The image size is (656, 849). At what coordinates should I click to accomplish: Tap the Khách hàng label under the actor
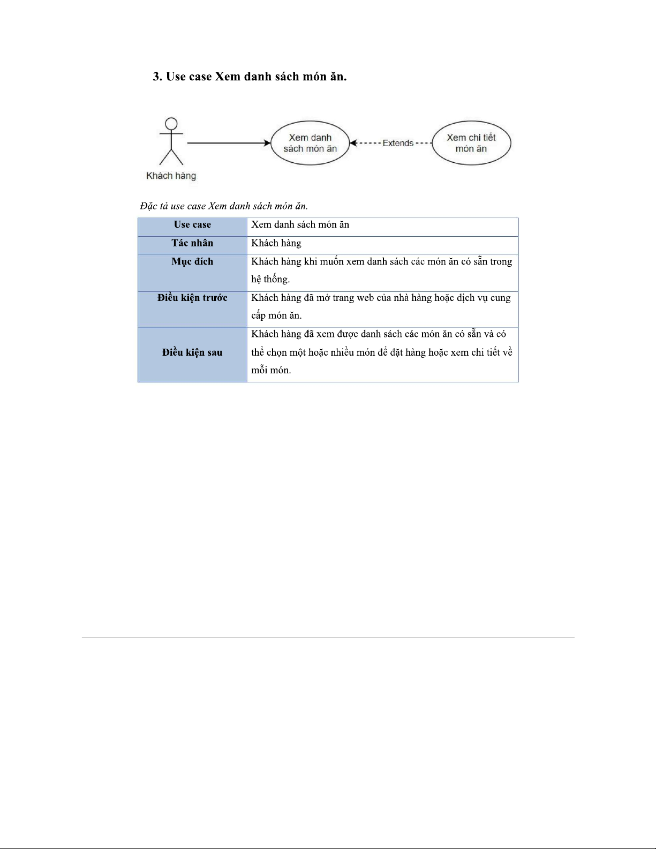pyautogui.click(x=171, y=176)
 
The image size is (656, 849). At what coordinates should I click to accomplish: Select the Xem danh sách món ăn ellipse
pyautogui.click(x=310, y=143)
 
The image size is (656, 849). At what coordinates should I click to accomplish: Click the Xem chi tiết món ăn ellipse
pyautogui.click(x=471, y=143)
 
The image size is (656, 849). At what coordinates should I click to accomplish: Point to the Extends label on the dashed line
pyautogui.click(x=398, y=143)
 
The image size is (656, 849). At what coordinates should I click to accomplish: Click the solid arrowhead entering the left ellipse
pyautogui.click(x=267, y=143)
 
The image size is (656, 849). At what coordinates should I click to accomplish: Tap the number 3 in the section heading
pyautogui.click(x=156, y=77)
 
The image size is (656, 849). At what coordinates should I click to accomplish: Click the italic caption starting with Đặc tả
pyautogui.click(x=224, y=206)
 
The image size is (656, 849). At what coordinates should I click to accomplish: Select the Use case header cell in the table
pyautogui.click(x=192, y=225)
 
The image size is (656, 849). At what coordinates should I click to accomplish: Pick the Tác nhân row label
pyautogui.click(x=192, y=243)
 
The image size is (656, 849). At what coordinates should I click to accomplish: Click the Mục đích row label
pyautogui.click(x=192, y=261)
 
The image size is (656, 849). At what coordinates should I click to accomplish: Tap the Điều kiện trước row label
pyautogui.click(x=192, y=298)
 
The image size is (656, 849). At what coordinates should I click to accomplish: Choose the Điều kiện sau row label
pyautogui.click(x=192, y=352)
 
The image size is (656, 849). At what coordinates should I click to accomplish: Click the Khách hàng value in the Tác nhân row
pyautogui.click(x=276, y=243)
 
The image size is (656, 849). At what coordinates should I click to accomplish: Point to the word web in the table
pyautogui.click(x=365, y=298)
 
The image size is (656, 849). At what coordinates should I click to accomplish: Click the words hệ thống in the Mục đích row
pyautogui.click(x=270, y=279)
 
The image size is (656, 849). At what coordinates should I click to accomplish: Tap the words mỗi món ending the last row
pyautogui.click(x=270, y=370)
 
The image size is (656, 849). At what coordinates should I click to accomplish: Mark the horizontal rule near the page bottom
pyautogui.click(x=328, y=637)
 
